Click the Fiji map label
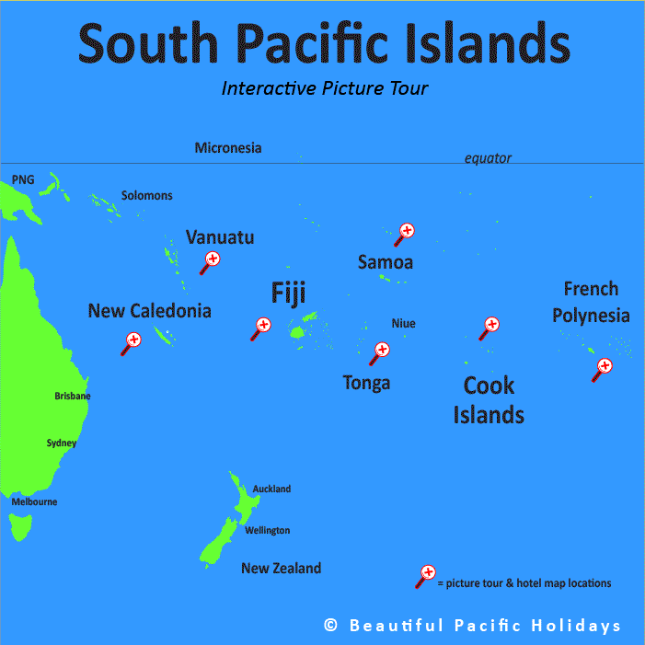pyautogui.click(x=288, y=293)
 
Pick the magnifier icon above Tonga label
pyautogui.click(x=379, y=351)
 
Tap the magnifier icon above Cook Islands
pyautogui.click(x=490, y=327)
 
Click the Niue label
pyautogui.click(x=403, y=323)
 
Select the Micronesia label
pyautogui.click(x=228, y=147)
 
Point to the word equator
pyautogui.click(x=488, y=158)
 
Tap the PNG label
pyautogui.click(x=23, y=179)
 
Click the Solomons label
pyautogui.click(x=146, y=196)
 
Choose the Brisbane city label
pyautogui.click(x=73, y=396)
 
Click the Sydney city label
pyautogui.click(x=62, y=443)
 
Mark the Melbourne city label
pyautogui.click(x=34, y=501)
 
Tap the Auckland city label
pyautogui.click(x=271, y=489)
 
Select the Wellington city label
pyautogui.click(x=267, y=530)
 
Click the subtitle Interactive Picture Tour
pyautogui.click(x=325, y=89)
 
